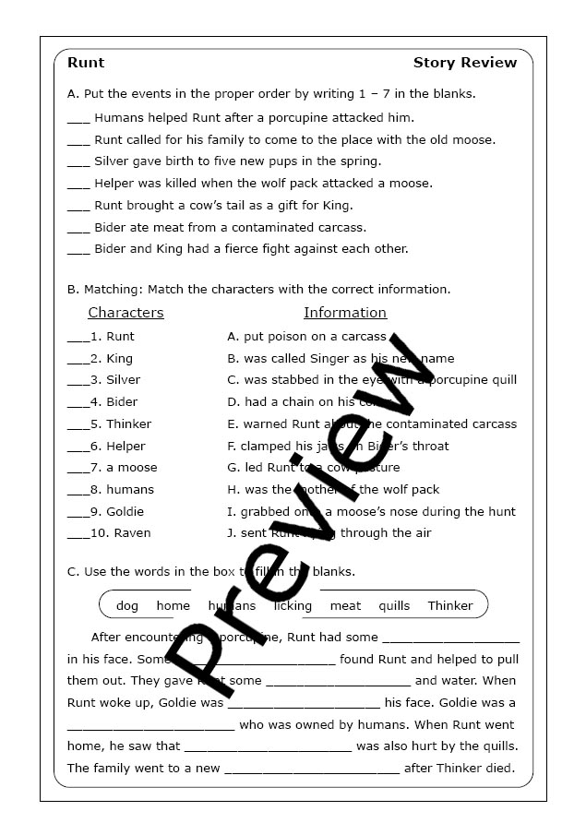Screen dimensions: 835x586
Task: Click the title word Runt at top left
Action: pyautogui.click(x=86, y=63)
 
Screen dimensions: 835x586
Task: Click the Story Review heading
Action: pyautogui.click(x=465, y=63)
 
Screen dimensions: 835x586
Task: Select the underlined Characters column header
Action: pyautogui.click(x=126, y=313)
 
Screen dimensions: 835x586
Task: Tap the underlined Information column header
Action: pyautogui.click(x=345, y=313)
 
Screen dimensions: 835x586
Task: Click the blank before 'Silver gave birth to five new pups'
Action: pyautogui.click(x=78, y=162)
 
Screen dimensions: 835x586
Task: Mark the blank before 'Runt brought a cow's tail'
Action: pyautogui.click(x=78, y=206)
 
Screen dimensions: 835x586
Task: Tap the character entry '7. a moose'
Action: pyautogui.click(x=123, y=468)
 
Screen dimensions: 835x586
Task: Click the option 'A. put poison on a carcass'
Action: pyautogui.click(x=306, y=337)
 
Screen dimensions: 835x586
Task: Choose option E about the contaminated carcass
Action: pyautogui.click(x=372, y=424)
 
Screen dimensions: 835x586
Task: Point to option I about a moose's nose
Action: pyautogui.click(x=371, y=511)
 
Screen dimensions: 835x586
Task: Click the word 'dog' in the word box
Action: pyautogui.click(x=127, y=606)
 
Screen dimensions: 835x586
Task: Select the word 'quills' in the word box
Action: pyautogui.click(x=394, y=606)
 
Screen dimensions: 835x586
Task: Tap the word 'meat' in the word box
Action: pyautogui.click(x=345, y=606)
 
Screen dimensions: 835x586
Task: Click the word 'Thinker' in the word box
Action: pyautogui.click(x=450, y=606)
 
